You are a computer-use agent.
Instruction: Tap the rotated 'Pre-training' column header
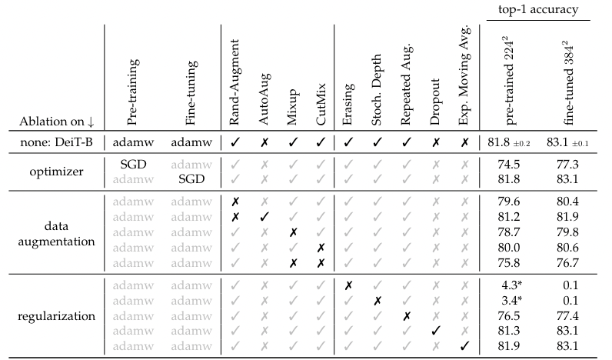(x=132, y=97)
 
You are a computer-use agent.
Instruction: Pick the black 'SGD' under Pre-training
(x=133, y=164)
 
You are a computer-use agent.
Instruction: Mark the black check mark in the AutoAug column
(x=264, y=215)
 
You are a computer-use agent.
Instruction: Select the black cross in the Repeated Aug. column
(x=406, y=315)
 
